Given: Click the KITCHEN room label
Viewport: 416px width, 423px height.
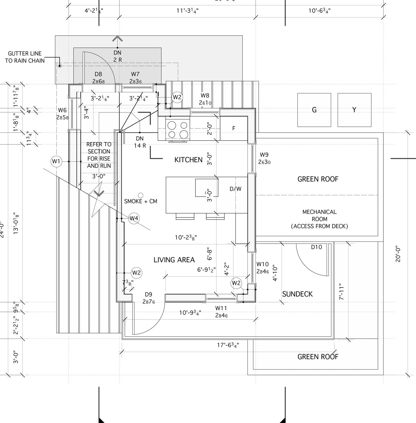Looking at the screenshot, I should (x=188, y=160).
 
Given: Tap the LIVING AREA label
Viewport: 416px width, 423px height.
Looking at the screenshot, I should (x=174, y=260).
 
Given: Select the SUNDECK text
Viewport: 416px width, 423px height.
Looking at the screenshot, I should (x=297, y=294).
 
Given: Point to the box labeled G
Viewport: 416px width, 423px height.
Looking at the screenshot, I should (x=314, y=110).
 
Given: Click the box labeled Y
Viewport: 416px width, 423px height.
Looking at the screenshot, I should (x=354, y=110).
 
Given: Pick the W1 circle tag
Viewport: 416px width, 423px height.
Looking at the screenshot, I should (x=56, y=161).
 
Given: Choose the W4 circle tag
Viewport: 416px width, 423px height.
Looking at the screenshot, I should (x=134, y=218).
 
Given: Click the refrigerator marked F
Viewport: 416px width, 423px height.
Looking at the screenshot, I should (x=234, y=128).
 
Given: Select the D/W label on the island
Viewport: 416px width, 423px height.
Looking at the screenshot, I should (x=235, y=189).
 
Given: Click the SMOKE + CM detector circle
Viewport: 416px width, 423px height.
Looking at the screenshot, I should (x=140, y=195).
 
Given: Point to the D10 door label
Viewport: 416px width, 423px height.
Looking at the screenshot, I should (x=316, y=247).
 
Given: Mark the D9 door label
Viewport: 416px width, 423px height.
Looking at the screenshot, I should (x=149, y=298).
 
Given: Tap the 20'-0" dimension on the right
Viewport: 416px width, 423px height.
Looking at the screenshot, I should (x=397, y=254).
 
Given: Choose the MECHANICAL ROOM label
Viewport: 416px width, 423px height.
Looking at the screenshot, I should (x=319, y=219).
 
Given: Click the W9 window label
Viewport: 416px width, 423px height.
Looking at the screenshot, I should (x=264, y=158).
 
